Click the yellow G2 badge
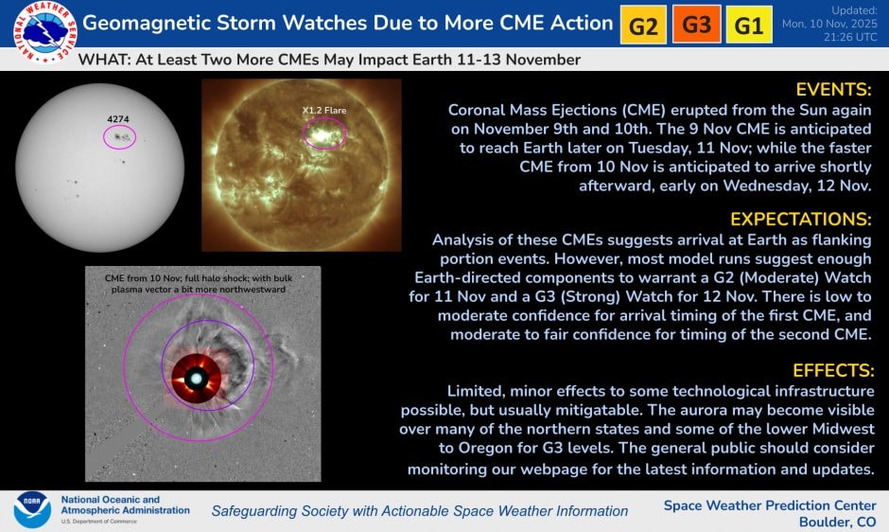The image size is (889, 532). pyautogui.click(x=643, y=26)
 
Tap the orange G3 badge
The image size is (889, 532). pyautogui.click(x=696, y=26)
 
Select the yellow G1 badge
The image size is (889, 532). pyautogui.click(x=748, y=26)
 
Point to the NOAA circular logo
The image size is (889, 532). pyautogui.click(x=32, y=509)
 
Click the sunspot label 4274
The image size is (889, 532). pyautogui.click(x=118, y=119)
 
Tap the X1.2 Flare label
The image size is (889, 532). pyautogui.click(x=324, y=111)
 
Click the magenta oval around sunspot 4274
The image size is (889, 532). pyautogui.click(x=119, y=137)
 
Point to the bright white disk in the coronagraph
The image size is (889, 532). pyautogui.click(x=197, y=379)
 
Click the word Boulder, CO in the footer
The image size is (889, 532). pyautogui.click(x=837, y=522)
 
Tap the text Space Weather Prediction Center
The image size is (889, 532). pyautogui.click(x=769, y=505)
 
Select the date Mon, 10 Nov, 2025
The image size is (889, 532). pyautogui.click(x=830, y=23)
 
